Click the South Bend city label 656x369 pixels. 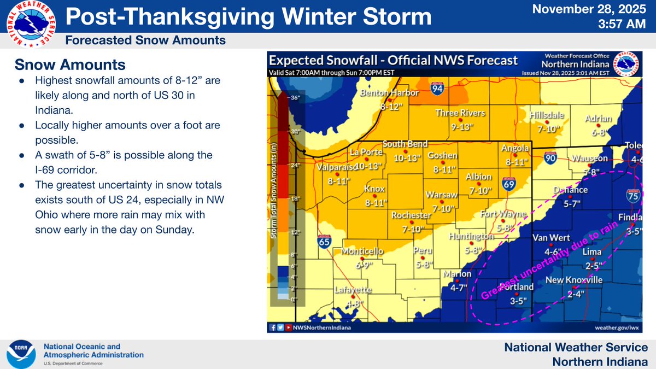pos(405,144)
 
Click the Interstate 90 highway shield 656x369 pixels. pos(550,158)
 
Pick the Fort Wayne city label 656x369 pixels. pos(503,213)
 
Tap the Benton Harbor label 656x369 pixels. pos(389,93)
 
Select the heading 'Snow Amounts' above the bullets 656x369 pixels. pos(69,65)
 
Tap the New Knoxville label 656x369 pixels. pos(575,280)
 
